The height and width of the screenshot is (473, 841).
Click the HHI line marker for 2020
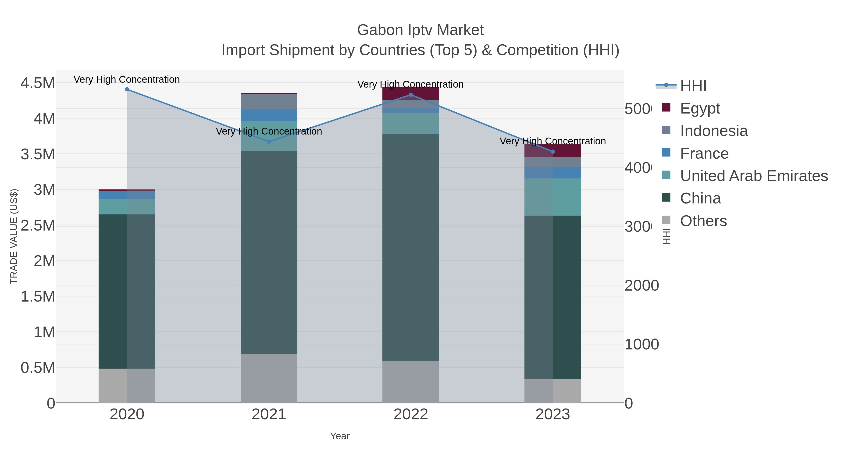click(x=127, y=89)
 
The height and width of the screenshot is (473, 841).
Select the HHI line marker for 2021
click(x=269, y=142)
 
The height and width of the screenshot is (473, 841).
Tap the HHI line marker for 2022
click(x=411, y=95)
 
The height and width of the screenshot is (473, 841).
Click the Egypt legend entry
click(x=700, y=108)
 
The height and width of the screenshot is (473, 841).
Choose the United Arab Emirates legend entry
click(x=753, y=176)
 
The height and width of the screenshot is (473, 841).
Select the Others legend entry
click(x=703, y=221)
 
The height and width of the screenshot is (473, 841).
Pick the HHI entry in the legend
click(x=693, y=86)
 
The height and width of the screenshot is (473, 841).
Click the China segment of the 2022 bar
click(x=411, y=248)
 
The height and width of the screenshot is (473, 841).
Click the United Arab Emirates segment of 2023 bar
click(x=553, y=197)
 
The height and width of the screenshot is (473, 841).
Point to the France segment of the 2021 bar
click(x=269, y=115)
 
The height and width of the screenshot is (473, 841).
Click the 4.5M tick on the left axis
click(x=38, y=83)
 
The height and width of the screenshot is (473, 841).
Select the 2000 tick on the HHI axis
click(x=641, y=286)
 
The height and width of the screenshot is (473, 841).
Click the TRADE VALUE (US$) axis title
click(x=14, y=236)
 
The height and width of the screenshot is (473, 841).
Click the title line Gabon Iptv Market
click(x=420, y=30)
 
